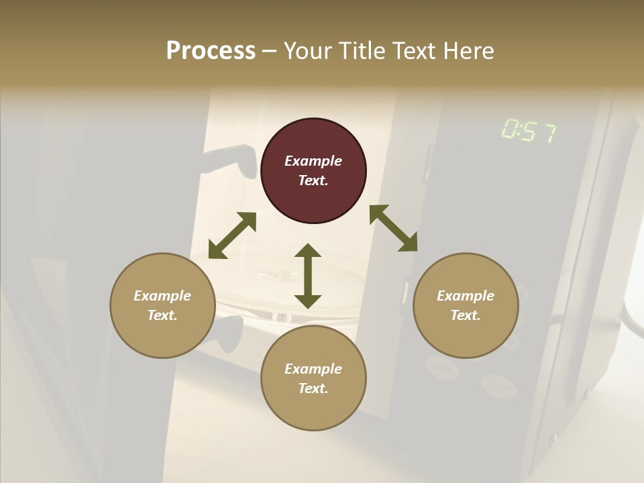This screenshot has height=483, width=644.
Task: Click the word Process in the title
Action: click(211, 51)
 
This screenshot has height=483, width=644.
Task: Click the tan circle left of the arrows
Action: click(162, 305)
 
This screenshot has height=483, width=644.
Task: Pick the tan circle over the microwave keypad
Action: click(466, 305)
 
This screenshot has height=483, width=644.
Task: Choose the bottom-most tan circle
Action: click(313, 378)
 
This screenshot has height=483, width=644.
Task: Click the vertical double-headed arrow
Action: click(308, 276)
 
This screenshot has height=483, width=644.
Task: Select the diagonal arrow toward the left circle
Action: click(232, 235)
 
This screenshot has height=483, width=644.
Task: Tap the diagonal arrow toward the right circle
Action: click(393, 228)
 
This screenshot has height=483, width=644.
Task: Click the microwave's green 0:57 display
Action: click(529, 131)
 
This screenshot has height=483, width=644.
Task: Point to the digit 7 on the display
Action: click(548, 133)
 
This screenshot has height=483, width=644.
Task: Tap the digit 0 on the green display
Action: click(509, 129)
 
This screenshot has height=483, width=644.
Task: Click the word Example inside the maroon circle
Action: click(313, 161)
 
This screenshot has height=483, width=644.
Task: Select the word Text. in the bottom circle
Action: click(313, 388)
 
